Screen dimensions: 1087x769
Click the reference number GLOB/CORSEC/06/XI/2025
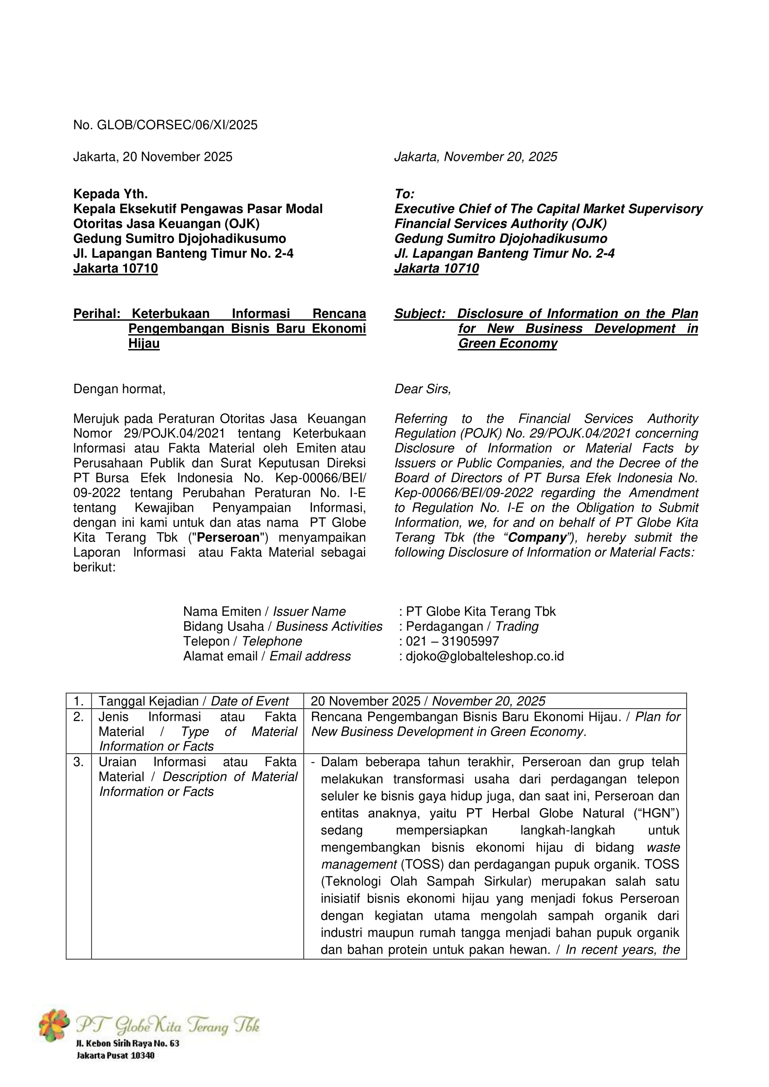[177, 125]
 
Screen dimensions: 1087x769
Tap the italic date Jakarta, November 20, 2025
[476, 157]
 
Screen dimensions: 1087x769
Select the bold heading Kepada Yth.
[110, 194]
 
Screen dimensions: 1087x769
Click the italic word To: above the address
[404, 194]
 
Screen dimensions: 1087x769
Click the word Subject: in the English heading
[419, 313]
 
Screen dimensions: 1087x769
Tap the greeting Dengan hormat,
[119, 389]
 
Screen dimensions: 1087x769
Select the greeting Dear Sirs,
[423, 389]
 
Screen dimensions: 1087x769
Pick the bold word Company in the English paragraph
[537, 537]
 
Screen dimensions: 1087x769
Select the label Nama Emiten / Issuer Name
[264, 611]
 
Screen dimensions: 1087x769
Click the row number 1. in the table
[79, 701]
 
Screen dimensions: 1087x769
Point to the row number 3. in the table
[79, 762]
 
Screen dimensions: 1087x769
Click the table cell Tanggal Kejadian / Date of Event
[193, 701]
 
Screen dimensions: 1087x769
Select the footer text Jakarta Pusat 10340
[116, 1055]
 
